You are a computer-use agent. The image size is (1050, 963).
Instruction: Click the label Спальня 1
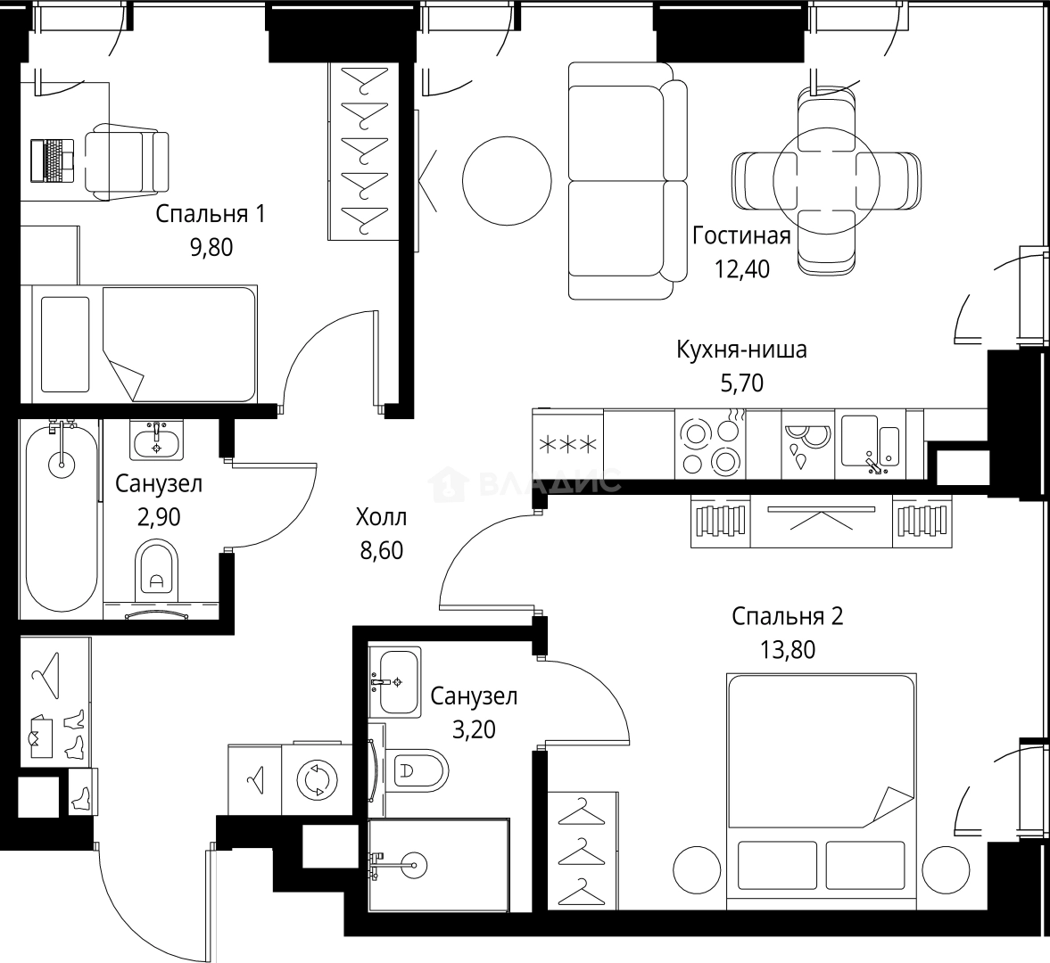[211, 214]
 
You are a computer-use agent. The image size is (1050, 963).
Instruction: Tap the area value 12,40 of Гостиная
[741, 268]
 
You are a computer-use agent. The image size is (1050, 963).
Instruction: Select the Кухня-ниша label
[741, 350]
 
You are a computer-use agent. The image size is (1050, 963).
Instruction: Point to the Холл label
[381, 517]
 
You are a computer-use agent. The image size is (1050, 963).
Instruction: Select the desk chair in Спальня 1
[128, 160]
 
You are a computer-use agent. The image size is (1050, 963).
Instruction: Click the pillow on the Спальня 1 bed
[65, 343]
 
